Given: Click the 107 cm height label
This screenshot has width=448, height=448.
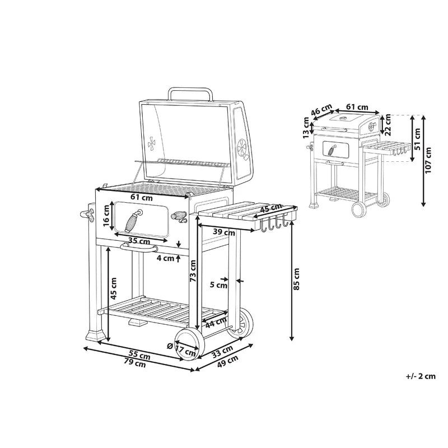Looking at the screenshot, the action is [x=428, y=160].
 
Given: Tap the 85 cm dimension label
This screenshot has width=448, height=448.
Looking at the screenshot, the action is [x=296, y=279].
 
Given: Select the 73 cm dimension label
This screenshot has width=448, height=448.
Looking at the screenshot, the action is [x=193, y=271].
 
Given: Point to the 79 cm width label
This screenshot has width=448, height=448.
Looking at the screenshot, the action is [x=135, y=363].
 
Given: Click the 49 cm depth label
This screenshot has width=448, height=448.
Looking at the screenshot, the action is [x=228, y=362].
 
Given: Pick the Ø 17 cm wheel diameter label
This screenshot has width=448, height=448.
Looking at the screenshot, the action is [x=181, y=349].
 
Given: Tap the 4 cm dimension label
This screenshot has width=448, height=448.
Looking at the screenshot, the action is [x=165, y=258].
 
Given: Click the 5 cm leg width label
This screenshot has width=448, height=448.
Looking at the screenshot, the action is [x=218, y=285].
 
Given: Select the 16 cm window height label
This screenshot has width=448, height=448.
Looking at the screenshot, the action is [x=106, y=216].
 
